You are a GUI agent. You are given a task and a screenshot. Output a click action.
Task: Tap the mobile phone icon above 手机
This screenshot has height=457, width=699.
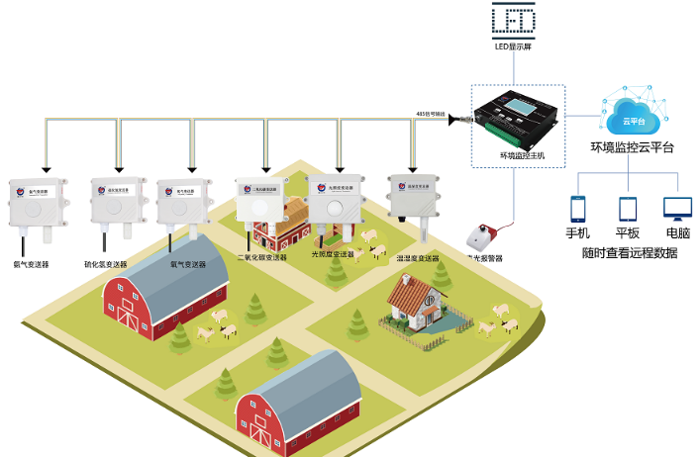pos(577,209)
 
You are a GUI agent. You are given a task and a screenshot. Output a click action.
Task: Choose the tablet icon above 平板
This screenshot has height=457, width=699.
pos(627,209)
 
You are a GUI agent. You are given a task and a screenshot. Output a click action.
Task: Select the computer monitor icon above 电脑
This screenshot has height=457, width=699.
pos(677,209)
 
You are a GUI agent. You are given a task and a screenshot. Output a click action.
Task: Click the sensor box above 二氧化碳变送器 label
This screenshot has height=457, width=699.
pos(259,202)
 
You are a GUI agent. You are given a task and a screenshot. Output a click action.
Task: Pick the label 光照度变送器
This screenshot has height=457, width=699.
pos(333,255)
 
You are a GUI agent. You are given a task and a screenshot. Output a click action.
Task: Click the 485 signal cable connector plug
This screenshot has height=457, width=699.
pos(457,120)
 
